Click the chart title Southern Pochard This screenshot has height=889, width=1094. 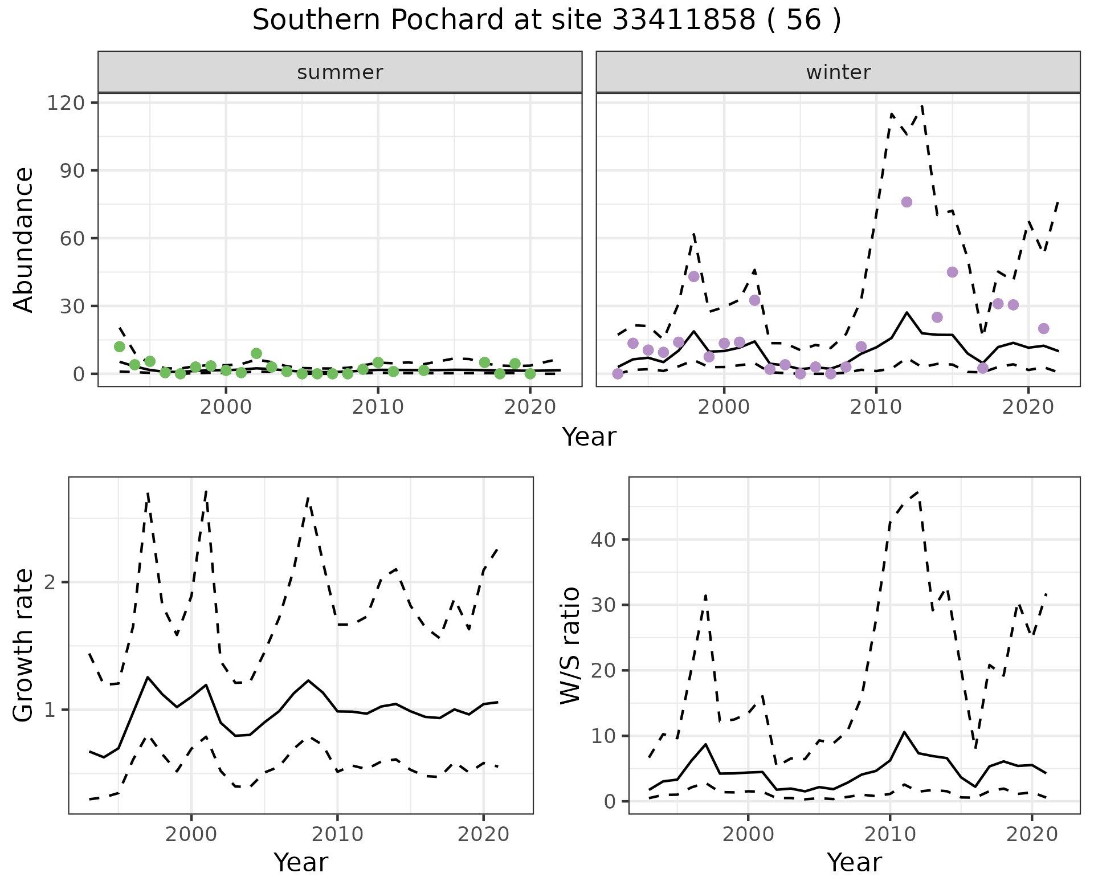tap(546, 21)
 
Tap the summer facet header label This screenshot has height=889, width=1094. tap(340, 72)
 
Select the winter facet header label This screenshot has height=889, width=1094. tap(838, 72)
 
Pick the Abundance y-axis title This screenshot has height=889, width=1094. tap(24, 239)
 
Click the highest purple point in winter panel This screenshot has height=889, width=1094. tap(907, 202)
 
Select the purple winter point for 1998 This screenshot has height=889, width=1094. tap(693, 276)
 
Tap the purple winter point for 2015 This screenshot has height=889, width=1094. tap(952, 272)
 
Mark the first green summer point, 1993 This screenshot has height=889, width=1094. tap(120, 346)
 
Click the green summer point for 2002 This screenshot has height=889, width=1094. tap(256, 353)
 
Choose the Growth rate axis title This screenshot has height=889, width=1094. tap(24, 645)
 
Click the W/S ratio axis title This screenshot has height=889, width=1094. tap(570, 645)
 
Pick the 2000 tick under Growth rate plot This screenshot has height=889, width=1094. tap(191, 834)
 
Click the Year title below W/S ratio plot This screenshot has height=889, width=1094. tap(854, 862)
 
